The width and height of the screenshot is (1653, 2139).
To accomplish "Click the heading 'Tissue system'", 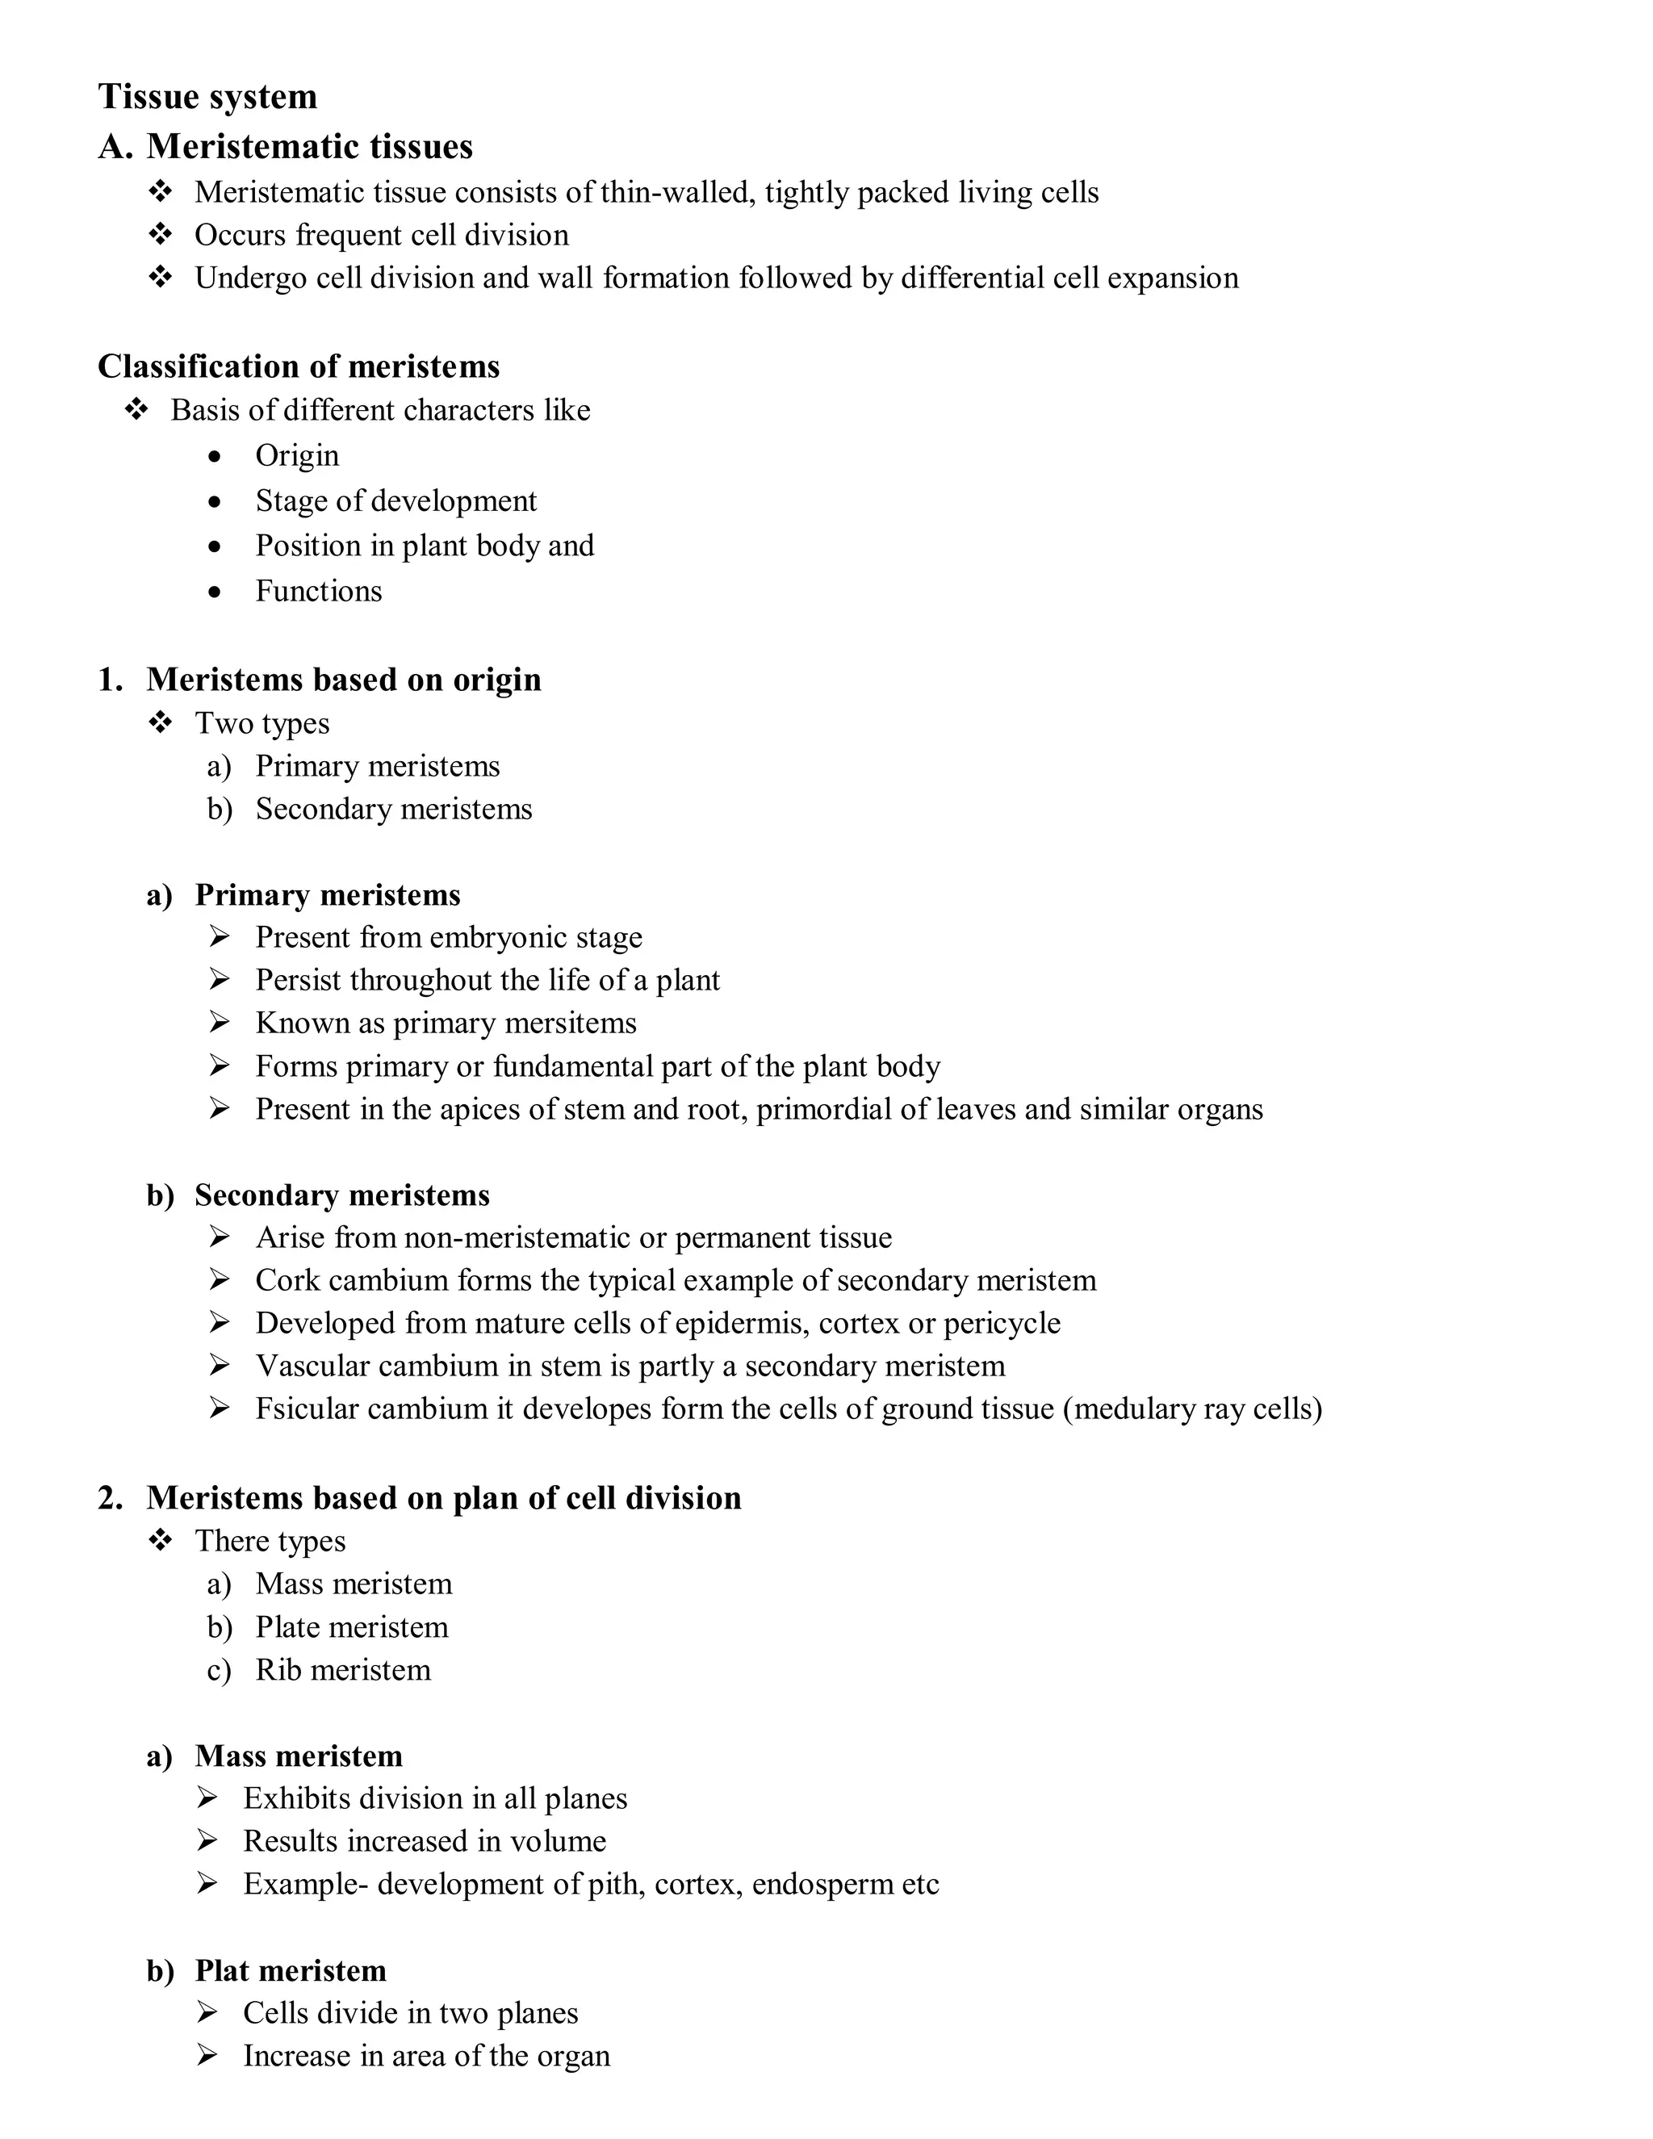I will (x=207, y=97).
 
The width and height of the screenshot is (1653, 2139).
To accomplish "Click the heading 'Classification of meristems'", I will (x=299, y=366).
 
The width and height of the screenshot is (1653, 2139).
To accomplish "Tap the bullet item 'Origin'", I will (x=297, y=455).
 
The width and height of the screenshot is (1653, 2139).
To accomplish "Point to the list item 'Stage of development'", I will (x=395, y=500).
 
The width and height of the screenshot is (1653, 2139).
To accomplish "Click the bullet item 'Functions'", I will (x=318, y=591).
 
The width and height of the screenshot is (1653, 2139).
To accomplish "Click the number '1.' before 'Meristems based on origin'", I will (x=110, y=680).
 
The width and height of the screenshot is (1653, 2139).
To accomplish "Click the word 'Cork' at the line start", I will (x=287, y=1280).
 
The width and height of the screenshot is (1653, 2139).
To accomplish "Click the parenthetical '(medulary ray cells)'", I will (x=1192, y=1409).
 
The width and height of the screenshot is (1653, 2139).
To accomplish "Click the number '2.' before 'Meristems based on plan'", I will (x=110, y=1498).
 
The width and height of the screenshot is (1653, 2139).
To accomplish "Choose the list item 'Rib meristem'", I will (x=343, y=1670).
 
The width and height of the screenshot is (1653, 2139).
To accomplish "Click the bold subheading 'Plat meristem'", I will (x=290, y=1970).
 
